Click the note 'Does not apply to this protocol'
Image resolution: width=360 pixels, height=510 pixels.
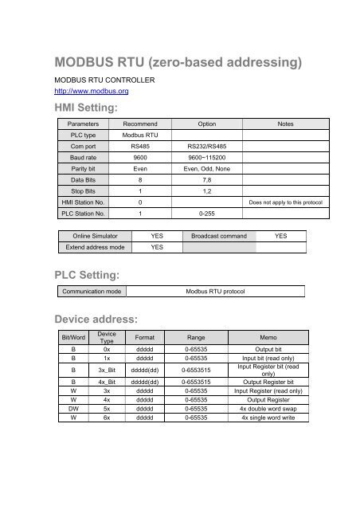(x=284, y=204)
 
